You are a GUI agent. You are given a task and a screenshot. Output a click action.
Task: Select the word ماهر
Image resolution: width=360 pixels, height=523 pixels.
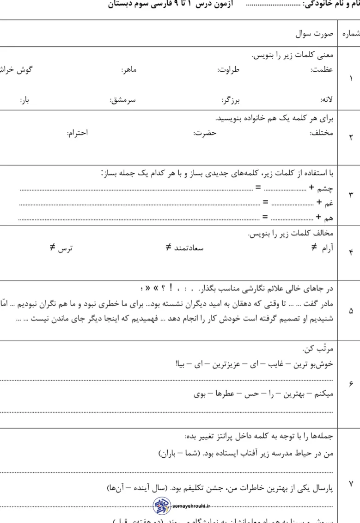point(130,70)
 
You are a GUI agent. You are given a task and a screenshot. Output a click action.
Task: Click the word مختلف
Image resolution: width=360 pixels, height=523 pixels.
point(322,133)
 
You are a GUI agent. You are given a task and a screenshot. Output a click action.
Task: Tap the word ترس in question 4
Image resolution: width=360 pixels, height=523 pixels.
point(65,248)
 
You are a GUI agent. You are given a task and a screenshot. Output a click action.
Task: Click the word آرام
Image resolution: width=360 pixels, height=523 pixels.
point(325,248)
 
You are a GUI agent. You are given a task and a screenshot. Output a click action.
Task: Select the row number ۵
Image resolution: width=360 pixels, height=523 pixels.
point(351,310)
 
